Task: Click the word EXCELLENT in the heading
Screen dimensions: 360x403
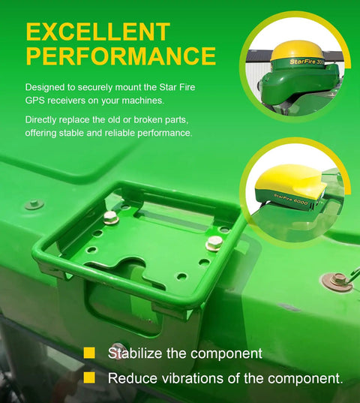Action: click(98, 32)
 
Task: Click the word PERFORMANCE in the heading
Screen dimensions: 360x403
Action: click(121, 56)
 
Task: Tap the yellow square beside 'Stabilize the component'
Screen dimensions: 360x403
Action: click(89, 353)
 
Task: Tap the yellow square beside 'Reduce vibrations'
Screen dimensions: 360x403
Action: click(89, 377)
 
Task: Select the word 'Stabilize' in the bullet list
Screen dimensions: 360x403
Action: click(135, 353)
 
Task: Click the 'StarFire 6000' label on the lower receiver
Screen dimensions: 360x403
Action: click(291, 200)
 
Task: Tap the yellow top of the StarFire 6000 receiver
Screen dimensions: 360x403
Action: click(289, 182)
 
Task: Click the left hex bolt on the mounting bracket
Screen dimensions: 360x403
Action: click(111, 217)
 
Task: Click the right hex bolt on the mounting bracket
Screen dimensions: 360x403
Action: click(214, 243)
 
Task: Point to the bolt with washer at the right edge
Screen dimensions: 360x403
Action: click(337, 281)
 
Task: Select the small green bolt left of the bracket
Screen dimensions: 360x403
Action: click(34, 204)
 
